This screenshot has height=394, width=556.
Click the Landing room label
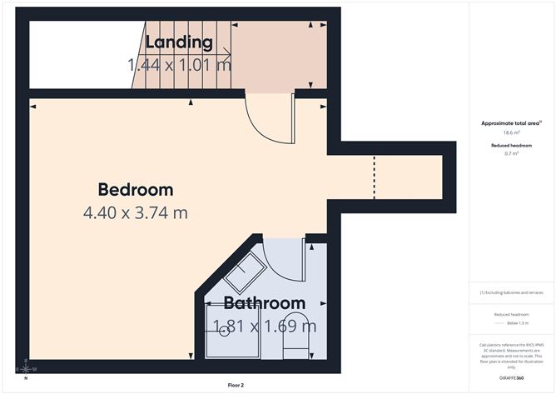coord(179,42)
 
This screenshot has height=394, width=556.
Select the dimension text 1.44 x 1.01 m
coord(179,64)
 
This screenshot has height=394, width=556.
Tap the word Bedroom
coord(135,189)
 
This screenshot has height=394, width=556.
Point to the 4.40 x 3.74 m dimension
coord(135,212)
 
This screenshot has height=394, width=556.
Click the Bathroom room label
coord(264,303)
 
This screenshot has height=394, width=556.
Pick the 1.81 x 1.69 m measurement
coord(264,326)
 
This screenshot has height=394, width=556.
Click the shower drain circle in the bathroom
coord(225,332)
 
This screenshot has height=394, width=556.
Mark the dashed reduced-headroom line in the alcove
coord(374,177)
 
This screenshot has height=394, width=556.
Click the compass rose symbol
coord(26,367)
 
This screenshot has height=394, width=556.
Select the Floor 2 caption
coord(236,386)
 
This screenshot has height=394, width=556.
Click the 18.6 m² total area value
coord(511,132)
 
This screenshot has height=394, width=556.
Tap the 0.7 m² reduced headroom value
coord(511,153)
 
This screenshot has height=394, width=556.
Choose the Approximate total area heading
coord(511,123)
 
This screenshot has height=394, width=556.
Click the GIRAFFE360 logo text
coord(511,378)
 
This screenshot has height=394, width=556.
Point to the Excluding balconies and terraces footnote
coord(511,293)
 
